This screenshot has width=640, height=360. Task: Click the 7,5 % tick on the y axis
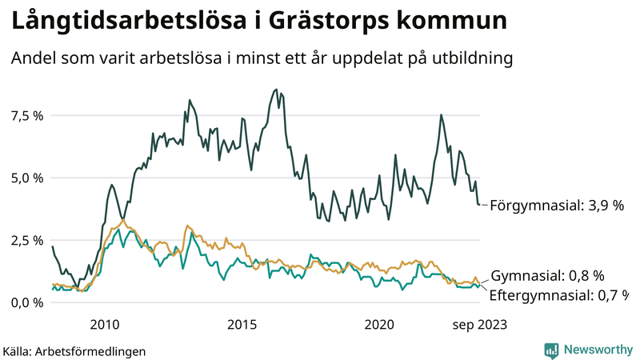[26, 115]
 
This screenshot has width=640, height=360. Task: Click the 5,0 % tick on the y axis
[26, 178]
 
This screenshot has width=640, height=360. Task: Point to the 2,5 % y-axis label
[26, 240]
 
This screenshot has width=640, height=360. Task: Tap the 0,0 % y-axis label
[26, 302]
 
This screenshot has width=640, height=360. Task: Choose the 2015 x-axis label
[242, 324]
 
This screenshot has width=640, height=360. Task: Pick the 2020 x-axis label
[379, 324]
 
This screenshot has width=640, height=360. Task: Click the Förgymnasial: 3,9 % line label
[556, 205]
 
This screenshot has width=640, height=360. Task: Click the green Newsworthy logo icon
[551, 350]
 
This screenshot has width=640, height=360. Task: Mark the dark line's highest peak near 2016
[276, 89]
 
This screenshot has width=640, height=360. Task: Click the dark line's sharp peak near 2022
[441, 114]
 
